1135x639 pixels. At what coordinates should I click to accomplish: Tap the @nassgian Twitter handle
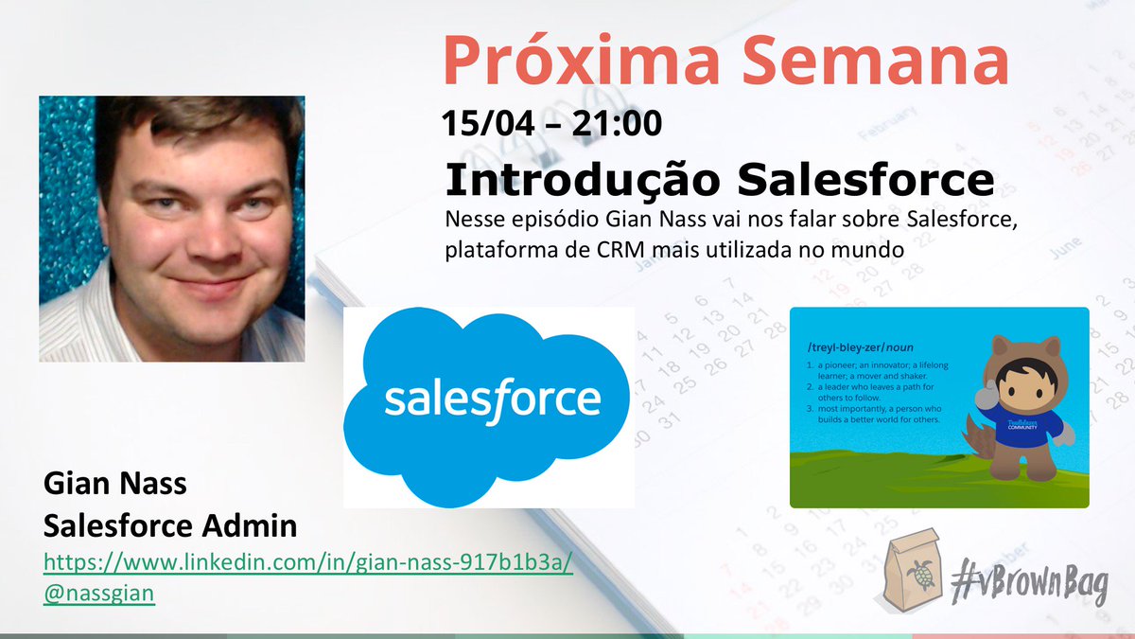[99, 593]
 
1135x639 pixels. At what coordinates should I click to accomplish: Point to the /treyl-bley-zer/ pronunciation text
[857, 347]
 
